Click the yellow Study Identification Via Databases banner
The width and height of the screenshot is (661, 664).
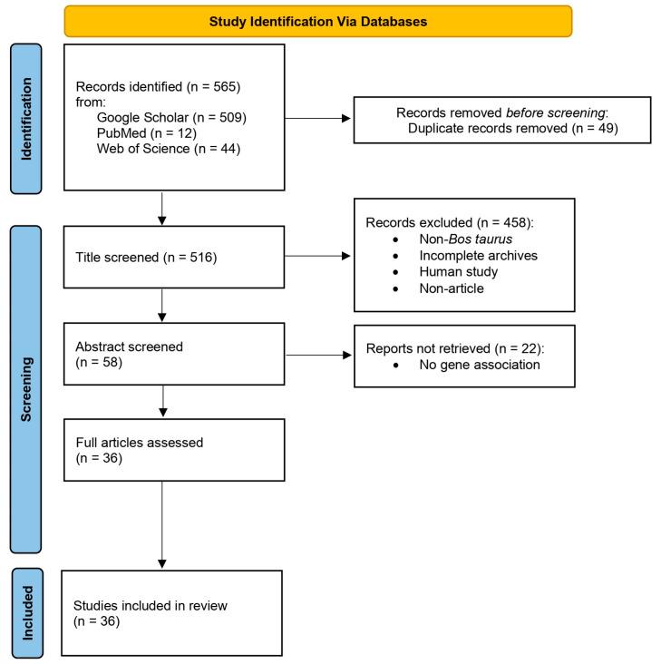318,20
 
